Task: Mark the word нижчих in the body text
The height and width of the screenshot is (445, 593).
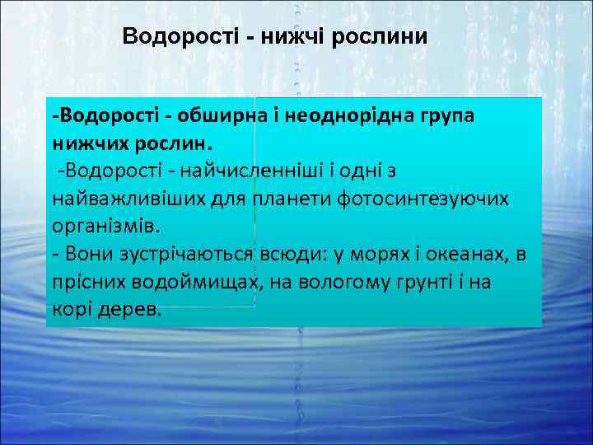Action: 91,142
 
